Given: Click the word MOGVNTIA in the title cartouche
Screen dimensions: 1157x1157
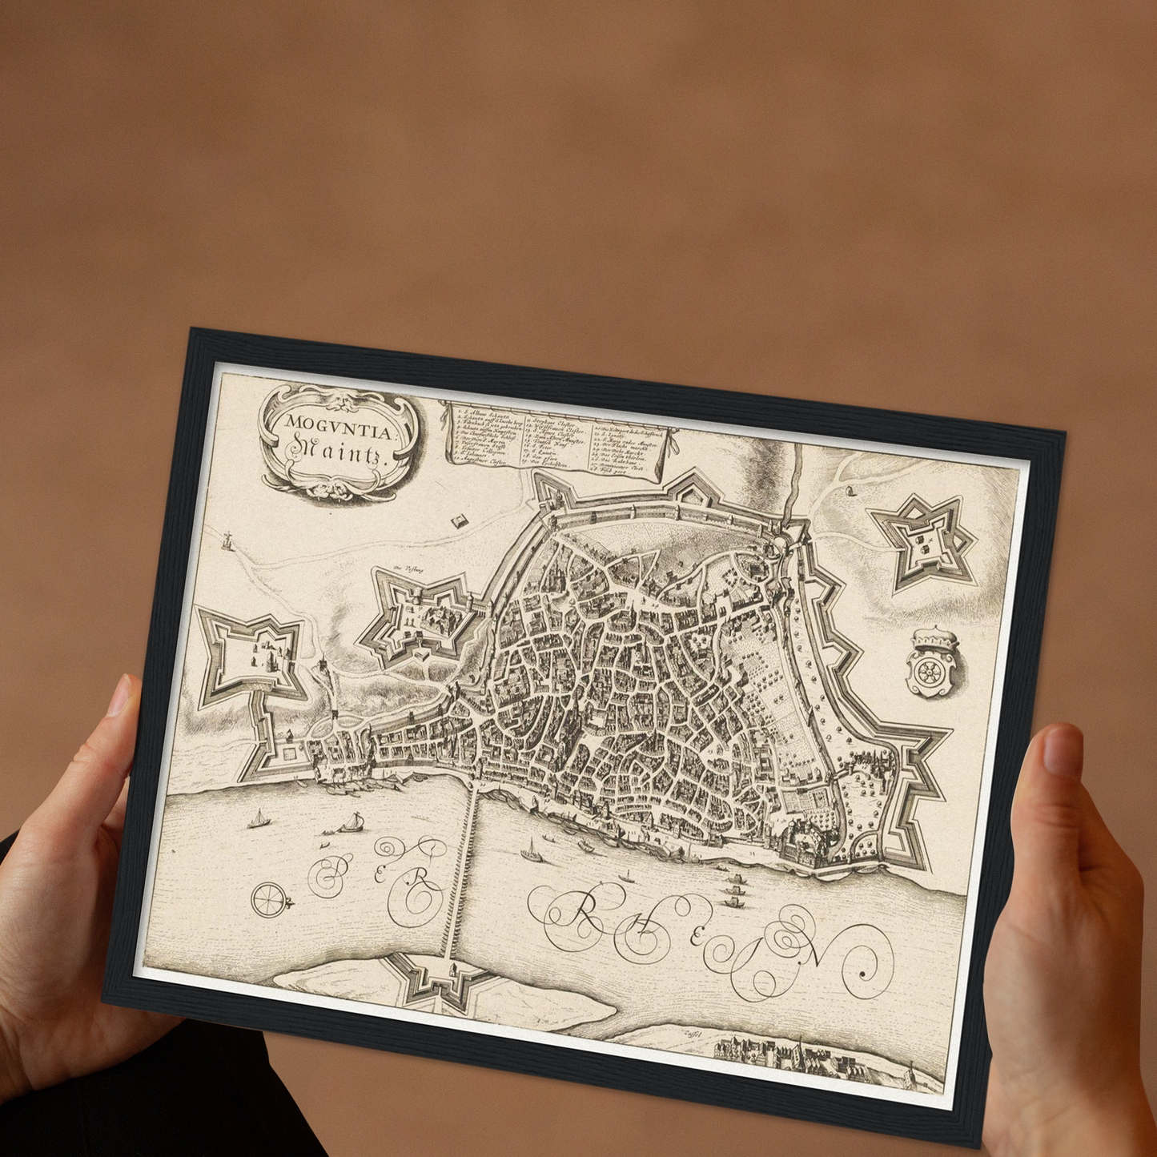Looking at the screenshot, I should (x=339, y=424).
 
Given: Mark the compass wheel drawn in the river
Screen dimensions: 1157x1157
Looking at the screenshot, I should (x=269, y=900).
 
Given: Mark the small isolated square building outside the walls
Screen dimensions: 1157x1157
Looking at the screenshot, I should (x=459, y=521).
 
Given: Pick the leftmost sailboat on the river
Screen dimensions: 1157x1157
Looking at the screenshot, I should (x=258, y=819).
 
